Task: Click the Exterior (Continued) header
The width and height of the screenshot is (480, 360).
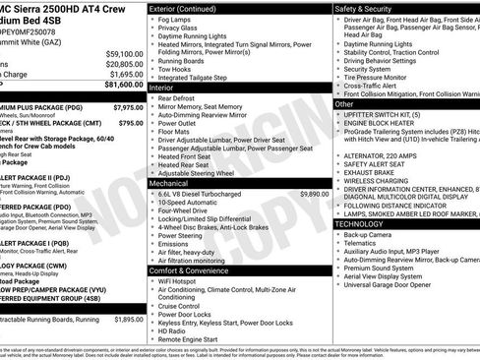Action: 189,8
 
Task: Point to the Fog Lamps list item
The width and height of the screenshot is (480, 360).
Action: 178,20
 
